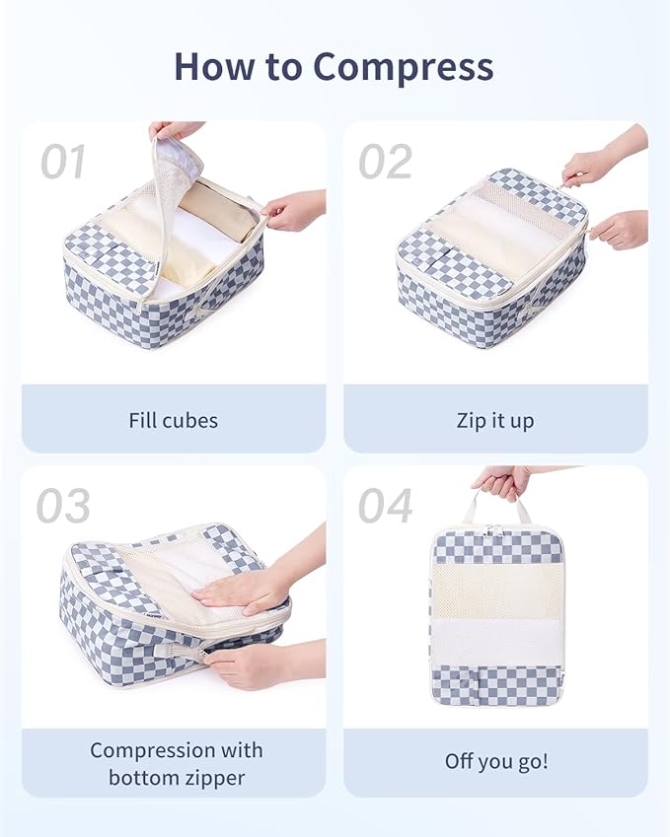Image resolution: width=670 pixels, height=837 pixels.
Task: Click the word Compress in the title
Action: coord(404,67)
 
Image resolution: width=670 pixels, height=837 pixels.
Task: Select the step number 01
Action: coord(63,163)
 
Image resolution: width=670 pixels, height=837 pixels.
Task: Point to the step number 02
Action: coord(385,163)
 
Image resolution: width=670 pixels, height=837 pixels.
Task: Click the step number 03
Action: coord(63,507)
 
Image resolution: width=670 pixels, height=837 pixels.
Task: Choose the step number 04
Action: coord(385,507)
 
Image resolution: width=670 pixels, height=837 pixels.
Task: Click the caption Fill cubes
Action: coord(173,420)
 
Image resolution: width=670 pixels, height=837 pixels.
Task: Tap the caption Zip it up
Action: coord(495,420)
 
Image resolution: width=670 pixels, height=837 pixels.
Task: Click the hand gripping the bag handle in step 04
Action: coord(502,482)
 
